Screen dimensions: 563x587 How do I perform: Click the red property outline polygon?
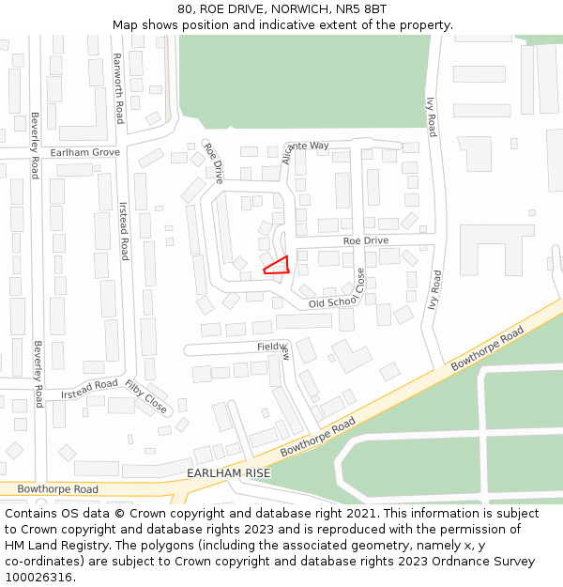[x=277, y=266]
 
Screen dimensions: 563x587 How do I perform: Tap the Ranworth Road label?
[x=118, y=87]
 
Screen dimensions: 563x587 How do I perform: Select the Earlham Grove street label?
[x=85, y=151]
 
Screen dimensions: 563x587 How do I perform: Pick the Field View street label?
[x=274, y=347]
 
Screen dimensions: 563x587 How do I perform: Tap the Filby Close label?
[x=146, y=397]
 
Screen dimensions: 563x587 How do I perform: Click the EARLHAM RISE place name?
[x=229, y=473]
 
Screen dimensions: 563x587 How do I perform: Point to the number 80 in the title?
[x=185, y=9]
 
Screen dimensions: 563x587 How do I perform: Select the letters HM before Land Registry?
[x=15, y=545]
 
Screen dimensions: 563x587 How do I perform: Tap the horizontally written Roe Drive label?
[x=365, y=241]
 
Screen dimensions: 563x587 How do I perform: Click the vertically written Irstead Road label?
[x=123, y=230]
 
